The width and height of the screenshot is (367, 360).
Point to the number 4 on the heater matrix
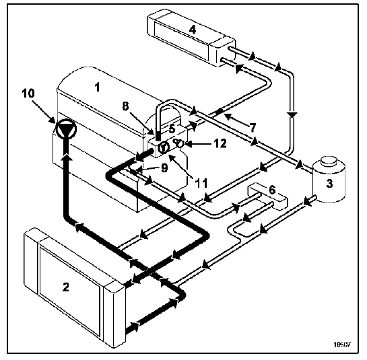pos(192,30)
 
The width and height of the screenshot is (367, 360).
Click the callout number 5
pos(172,129)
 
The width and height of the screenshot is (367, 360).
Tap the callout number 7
pos(253,127)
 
